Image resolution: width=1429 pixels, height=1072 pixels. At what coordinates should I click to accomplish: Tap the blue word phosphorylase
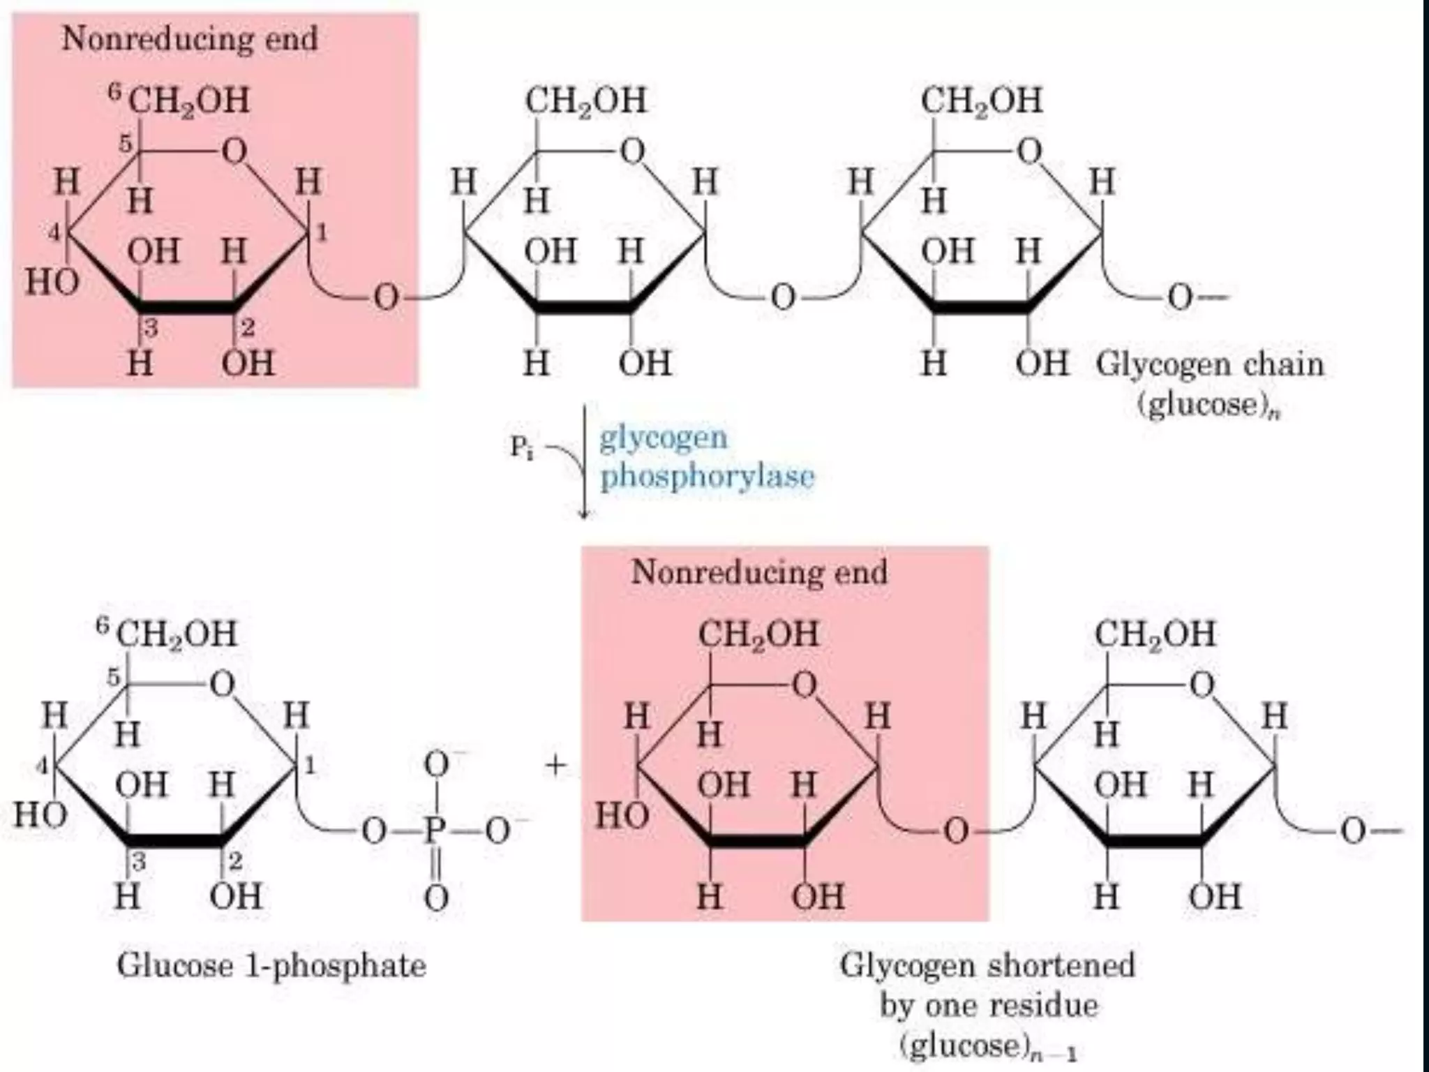(x=707, y=477)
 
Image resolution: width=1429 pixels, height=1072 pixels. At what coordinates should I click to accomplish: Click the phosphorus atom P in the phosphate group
(x=435, y=831)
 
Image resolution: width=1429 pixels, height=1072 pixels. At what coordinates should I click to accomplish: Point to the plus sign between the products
(x=556, y=766)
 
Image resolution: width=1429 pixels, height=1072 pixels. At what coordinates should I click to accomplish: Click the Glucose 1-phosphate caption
(x=271, y=966)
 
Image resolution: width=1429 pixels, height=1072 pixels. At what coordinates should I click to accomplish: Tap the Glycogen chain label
(x=1209, y=364)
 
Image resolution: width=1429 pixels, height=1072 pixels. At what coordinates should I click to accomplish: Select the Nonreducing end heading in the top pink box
(x=190, y=38)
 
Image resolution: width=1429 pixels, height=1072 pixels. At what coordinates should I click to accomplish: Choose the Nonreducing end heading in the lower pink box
(x=758, y=572)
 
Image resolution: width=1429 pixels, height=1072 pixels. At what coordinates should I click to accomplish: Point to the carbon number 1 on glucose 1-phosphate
(x=310, y=766)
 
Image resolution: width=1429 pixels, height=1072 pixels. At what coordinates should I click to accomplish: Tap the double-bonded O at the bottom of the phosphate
(x=436, y=898)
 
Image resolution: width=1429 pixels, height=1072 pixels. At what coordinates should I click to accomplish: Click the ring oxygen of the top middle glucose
(x=631, y=151)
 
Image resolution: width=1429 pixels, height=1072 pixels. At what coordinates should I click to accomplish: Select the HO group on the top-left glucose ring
(x=52, y=283)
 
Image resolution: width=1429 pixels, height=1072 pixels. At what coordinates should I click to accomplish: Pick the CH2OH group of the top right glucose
(x=981, y=100)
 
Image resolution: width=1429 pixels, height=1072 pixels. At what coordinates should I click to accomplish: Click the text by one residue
(x=988, y=1006)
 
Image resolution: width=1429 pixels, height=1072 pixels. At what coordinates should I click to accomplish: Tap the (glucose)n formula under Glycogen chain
(x=1209, y=405)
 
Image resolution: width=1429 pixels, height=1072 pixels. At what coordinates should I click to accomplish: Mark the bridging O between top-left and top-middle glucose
(x=386, y=297)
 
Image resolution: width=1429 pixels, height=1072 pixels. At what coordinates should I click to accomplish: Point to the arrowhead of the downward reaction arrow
(x=585, y=514)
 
